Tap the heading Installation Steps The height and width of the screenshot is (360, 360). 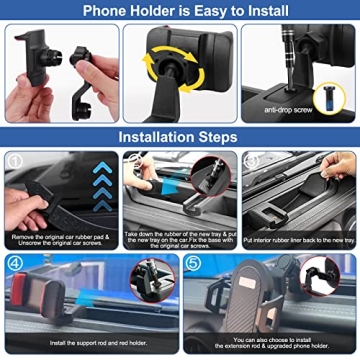(180, 137)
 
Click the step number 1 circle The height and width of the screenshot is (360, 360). (14, 160)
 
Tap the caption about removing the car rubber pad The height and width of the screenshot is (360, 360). (60, 237)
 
